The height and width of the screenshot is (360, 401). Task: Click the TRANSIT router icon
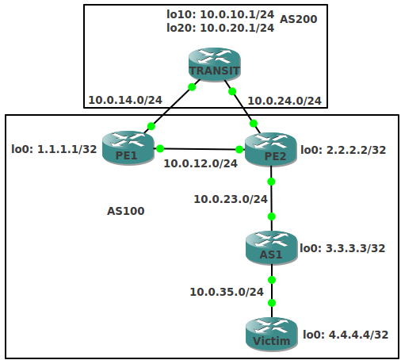click(215, 64)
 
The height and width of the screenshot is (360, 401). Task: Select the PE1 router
click(128, 148)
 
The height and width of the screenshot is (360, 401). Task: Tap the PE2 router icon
click(271, 149)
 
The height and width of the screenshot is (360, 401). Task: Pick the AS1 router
click(272, 247)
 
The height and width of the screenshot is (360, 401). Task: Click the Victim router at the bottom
click(272, 335)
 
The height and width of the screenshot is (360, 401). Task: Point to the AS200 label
click(298, 19)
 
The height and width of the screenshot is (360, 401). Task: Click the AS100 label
click(126, 211)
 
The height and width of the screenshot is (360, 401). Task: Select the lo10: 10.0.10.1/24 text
click(220, 14)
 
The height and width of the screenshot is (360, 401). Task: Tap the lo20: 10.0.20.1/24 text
click(220, 28)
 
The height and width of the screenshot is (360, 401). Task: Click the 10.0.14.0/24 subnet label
click(125, 100)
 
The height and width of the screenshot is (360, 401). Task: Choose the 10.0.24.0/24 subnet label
click(285, 101)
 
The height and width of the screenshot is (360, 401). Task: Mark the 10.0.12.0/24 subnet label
click(200, 163)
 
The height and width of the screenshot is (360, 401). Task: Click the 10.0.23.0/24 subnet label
click(231, 199)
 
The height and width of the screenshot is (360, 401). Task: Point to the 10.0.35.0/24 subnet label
click(227, 292)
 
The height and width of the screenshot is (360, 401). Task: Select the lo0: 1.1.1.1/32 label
click(54, 149)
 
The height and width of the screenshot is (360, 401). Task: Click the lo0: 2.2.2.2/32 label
click(343, 150)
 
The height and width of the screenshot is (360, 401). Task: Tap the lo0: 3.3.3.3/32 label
click(342, 248)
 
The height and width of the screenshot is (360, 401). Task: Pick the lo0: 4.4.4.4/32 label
click(346, 335)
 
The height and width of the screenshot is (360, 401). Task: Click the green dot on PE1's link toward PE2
click(160, 148)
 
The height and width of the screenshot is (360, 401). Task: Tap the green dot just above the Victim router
click(272, 303)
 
